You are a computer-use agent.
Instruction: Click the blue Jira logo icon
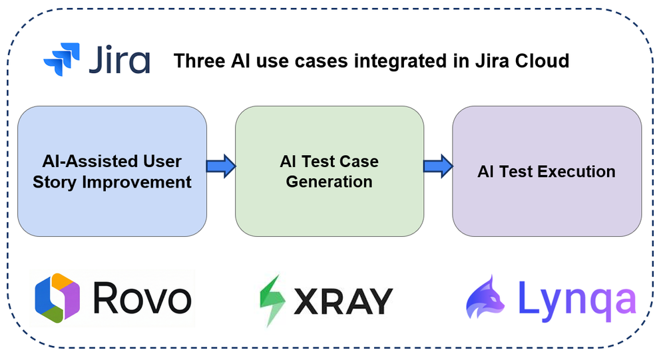(x=62, y=60)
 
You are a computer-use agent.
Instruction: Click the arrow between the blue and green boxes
(x=220, y=166)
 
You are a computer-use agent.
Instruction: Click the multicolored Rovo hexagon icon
(x=57, y=298)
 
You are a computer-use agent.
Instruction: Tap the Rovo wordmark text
(x=142, y=298)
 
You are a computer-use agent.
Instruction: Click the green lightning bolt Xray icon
(x=272, y=300)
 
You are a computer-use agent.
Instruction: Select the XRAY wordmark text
(x=342, y=301)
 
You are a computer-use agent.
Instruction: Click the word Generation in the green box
(x=329, y=181)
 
